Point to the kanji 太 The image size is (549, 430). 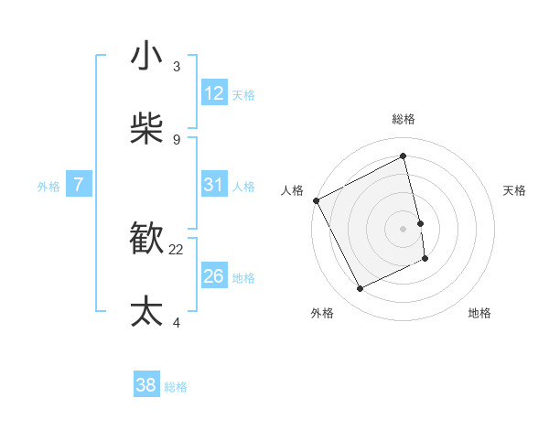coord(147,311)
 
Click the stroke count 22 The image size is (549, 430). coord(176,249)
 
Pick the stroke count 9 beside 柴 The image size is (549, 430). coord(176,139)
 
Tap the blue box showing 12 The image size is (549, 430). coord(214,93)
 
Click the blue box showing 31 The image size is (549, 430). coord(214,185)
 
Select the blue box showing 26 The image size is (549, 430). coord(214,276)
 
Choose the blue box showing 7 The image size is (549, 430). coord(79,185)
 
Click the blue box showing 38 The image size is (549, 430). coord(146,385)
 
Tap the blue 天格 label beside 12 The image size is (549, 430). coord(243,94)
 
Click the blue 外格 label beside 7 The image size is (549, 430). coord(48,186)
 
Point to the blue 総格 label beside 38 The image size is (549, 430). coord(176,386)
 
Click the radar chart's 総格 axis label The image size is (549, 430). coord(404,119)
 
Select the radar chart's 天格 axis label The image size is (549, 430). coord(515,190)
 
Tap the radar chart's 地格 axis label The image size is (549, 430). coord(479,313)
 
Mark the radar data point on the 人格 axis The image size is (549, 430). coord(317,200)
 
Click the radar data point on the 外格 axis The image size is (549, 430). coord(360,289)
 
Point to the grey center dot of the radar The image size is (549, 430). coord(404,229)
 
